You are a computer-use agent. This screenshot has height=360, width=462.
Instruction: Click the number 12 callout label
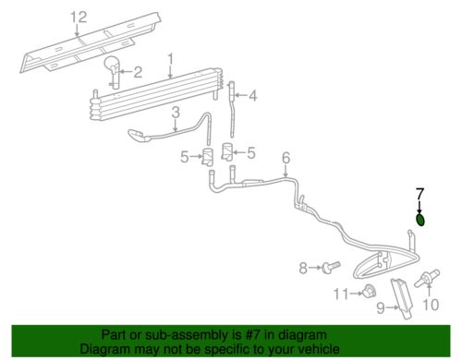tap(79, 18)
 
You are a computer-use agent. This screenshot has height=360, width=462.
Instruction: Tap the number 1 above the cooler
tap(170, 59)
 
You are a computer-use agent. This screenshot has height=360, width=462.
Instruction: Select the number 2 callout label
tap(138, 72)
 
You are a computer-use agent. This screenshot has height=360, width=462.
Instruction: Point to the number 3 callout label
tap(252, 96)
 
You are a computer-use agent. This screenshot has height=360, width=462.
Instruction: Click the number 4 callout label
tap(286, 158)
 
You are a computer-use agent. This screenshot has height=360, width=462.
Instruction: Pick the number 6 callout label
tap(419, 194)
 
